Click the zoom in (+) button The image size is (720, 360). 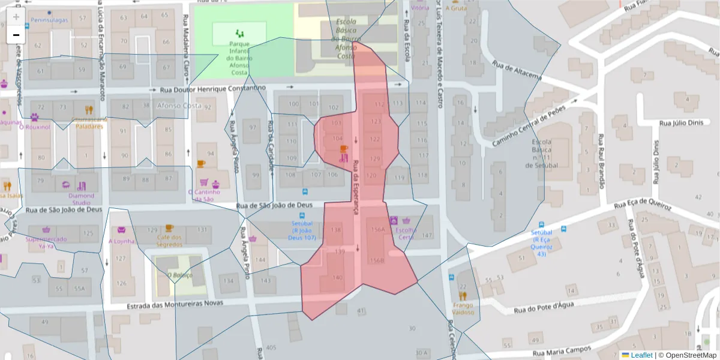pos(16,17)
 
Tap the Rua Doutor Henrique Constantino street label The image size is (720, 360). pos(212,89)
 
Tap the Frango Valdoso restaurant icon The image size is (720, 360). pos(463,295)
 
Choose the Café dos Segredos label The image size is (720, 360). pos(169,241)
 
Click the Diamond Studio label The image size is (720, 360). pos(81,199)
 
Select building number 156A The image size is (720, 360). pos(378,229)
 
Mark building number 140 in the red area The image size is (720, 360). pos(337,277)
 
